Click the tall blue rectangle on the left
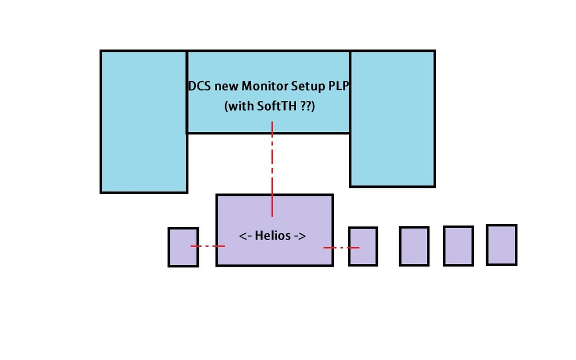(x=144, y=121)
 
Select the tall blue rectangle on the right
(x=392, y=119)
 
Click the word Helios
(x=272, y=236)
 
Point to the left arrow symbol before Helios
(x=245, y=237)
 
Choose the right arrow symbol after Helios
(x=298, y=237)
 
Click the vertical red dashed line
(x=272, y=173)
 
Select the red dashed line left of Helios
(x=207, y=247)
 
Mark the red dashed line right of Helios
(x=341, y=248)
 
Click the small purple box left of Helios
(x=183, y=247)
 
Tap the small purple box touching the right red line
(x=363, y=247)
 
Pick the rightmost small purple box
(x=502, y=245)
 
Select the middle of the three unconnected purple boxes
(x=458, y=246)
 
